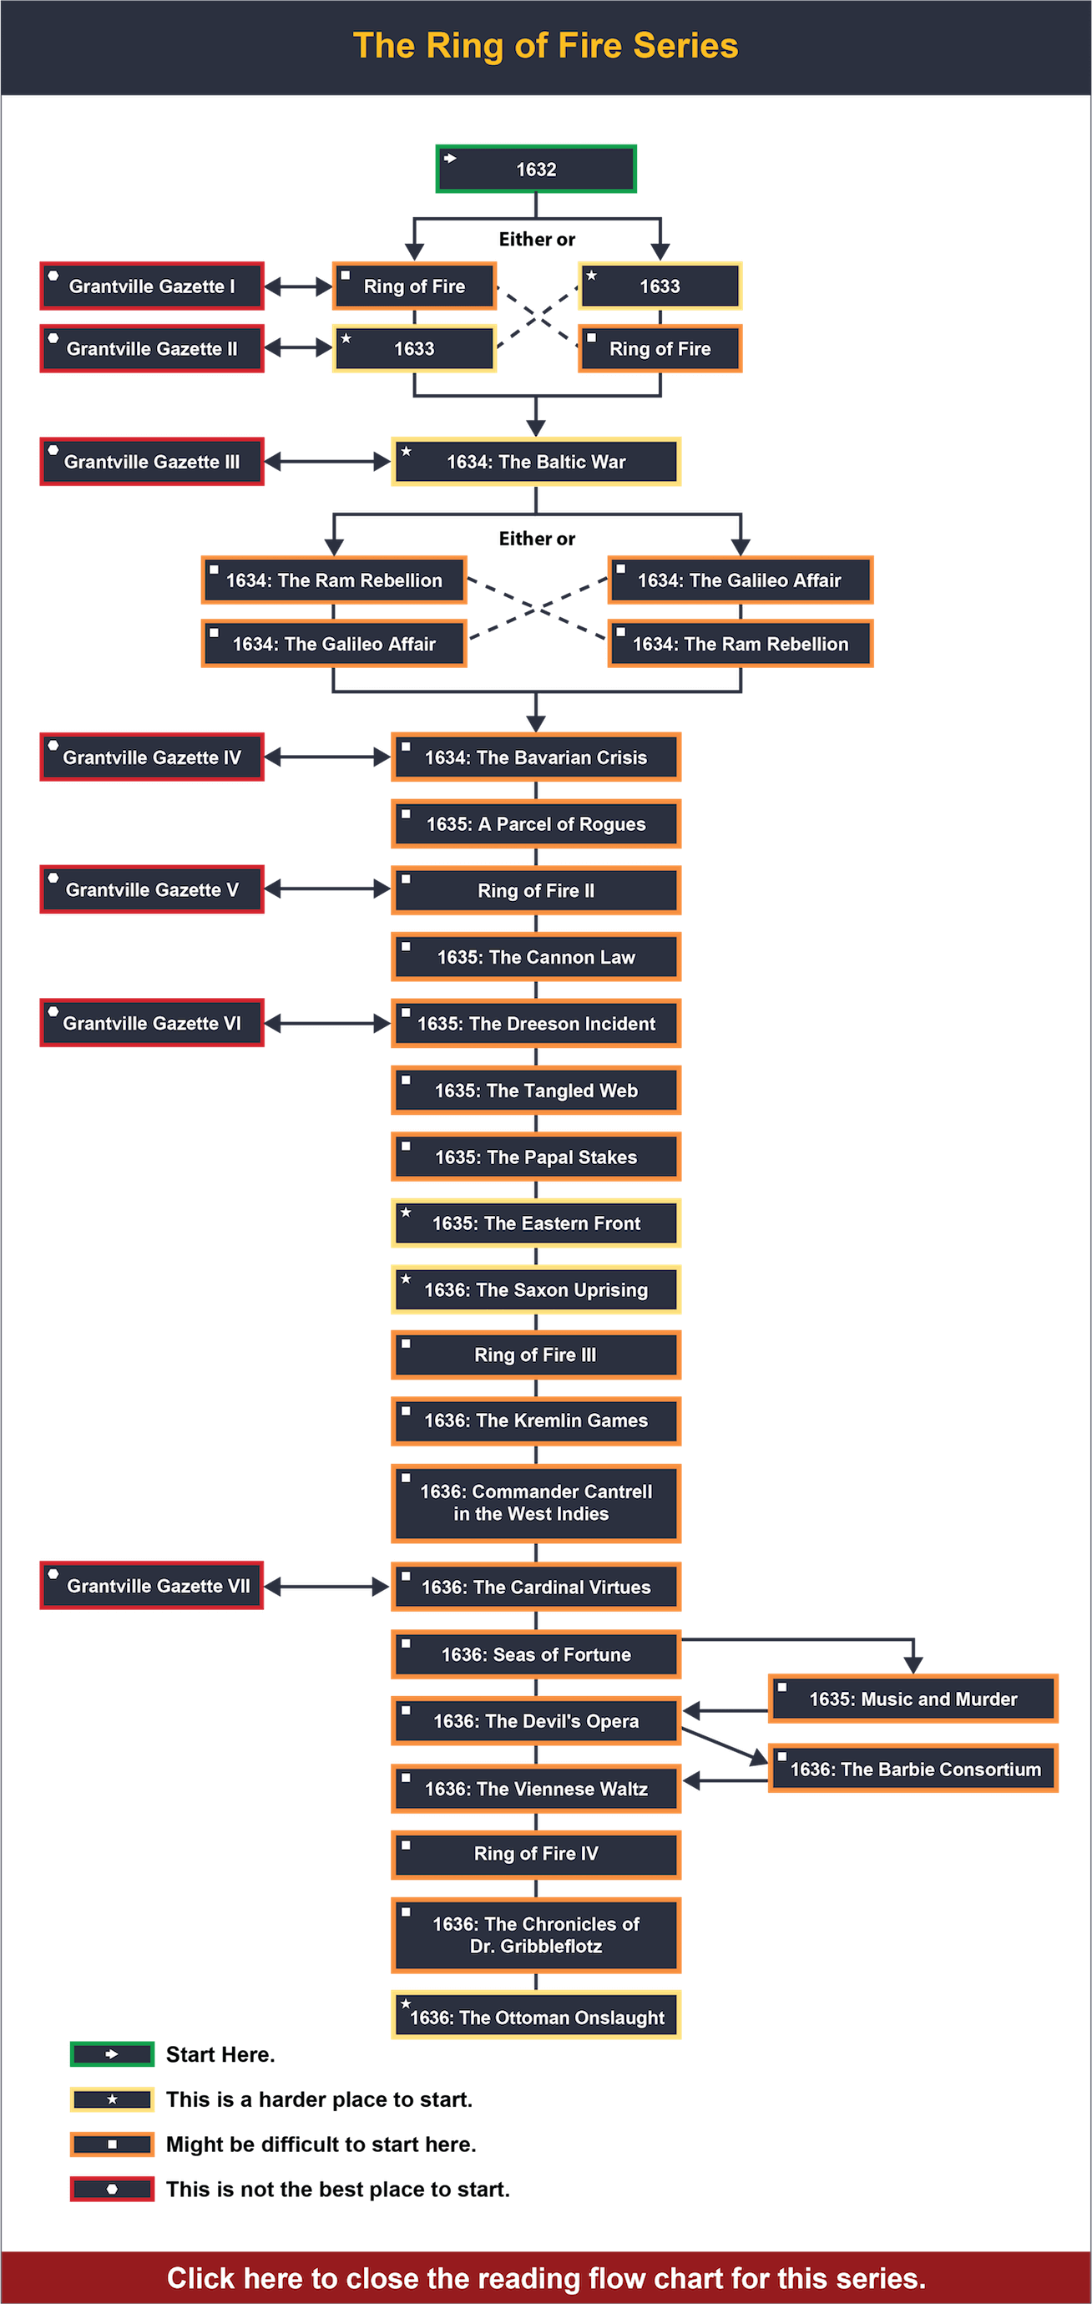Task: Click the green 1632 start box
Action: pyautogui.click(x=536, y=169)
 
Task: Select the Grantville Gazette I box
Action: pyautogui.click(x=152, y=286)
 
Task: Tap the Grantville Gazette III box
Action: pyautogui.click(x=152, y=462)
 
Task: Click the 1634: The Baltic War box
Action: pyautogui.click(x=536, y=462)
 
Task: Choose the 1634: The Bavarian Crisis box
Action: pyautogui.click(x=536, y=757)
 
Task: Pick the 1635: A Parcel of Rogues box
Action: pyautogui.click(x=536, y=823)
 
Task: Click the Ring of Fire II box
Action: pyautogui.click(x=536, y=891)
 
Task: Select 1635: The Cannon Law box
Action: pyautogui.click(x=536, y=957)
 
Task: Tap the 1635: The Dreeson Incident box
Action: pyautogui.click(x=536, y=1023)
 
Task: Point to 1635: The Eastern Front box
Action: pyautogui.click(x=536, y=1223)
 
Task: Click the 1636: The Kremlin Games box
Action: pyautogui.click(x=536, y=1420)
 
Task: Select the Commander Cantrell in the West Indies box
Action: pyautogui.click(x=536, y=1502)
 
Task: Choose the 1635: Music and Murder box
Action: pyautogui.click(x=913, y=1699)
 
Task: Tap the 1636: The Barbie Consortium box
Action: pyautogui.click(x=913, y=1770)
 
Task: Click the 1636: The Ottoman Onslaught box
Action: pyautogui.click(x=536, y=2017)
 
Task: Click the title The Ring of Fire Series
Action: pyautogui.click(x=545, y=46)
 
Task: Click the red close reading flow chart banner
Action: pyautogui.click(x=545, y=2277)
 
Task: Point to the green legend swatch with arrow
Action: pyautogui.click(x=112, y=2054)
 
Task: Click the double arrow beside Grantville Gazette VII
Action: pyautogui.click(x=327, y=1587)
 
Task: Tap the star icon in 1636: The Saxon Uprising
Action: pyautogui.click(x=406, y=1279)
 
